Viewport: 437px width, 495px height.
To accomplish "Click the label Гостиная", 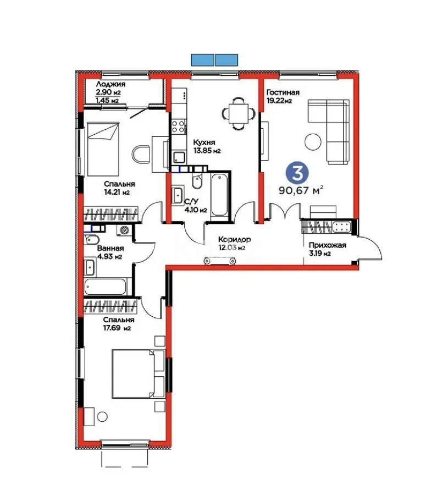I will coord(283,92).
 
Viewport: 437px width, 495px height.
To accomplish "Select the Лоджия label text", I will coord(110,84).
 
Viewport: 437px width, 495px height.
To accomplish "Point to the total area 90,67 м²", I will coord(300,190).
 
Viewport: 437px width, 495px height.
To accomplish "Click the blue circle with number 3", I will coord(297,173).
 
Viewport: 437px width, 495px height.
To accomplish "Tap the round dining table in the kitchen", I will coord(238,114).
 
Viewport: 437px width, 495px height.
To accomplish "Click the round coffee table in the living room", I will coord(314,141).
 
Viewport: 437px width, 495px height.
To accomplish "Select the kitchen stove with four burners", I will coord(179,127).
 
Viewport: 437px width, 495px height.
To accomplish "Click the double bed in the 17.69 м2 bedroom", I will coord(135,373).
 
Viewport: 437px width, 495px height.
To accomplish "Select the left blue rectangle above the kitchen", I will coord(202,59).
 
